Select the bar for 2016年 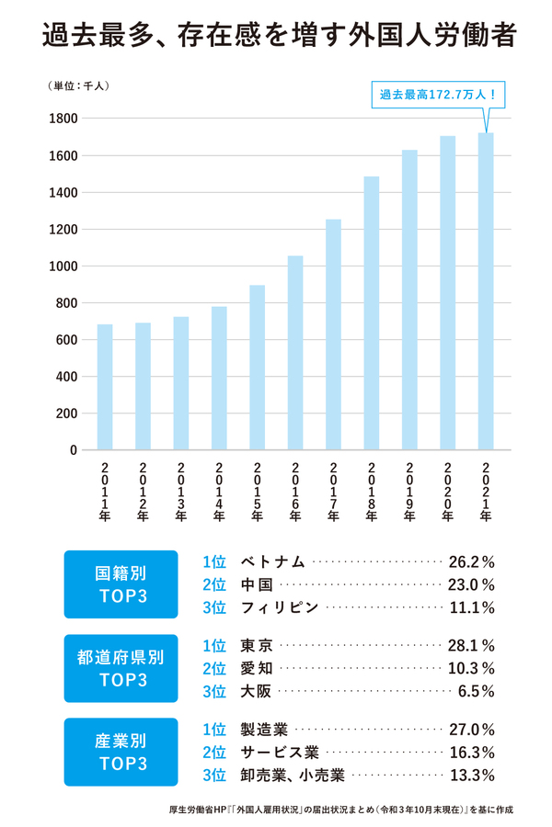(x=295, y=353)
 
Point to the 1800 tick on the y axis (x=63, y=119)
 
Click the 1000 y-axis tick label (x=63, y=266)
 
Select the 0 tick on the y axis (x=72, y=450)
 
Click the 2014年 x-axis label (x=219, y=492)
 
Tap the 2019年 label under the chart (x=409, y=492)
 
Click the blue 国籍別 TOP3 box (x=121, y=584)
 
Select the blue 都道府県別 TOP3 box (x=121, y=668)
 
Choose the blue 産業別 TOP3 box (x=121, y=752)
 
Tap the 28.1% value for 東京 (x=471, y=645)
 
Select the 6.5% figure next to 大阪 (x=476, y=691)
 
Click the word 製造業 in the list (x=264, y=730)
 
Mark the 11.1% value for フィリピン (x=471, y=607)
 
